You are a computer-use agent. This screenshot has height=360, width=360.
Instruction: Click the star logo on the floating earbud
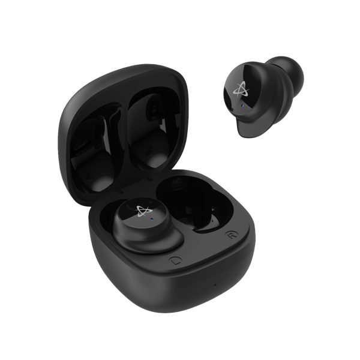coord(241,89)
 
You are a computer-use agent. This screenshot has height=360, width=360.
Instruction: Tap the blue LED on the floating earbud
coord(242,106)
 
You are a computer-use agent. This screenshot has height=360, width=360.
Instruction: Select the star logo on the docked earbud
coord(143,211)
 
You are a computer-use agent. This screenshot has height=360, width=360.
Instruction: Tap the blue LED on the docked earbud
coord(152,219)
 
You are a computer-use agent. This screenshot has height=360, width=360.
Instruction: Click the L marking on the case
coord(175,261)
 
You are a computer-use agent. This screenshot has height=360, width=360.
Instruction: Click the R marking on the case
coord(231,235)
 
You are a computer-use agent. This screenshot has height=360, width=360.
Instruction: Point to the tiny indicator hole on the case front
coord(215,285)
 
